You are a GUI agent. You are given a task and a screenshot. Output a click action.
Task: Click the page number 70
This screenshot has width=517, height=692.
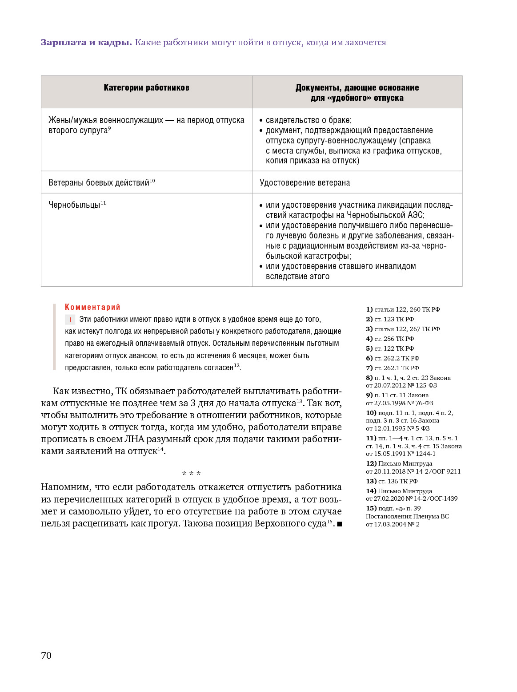point(46,656)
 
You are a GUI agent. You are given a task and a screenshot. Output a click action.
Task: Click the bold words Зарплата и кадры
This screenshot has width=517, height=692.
point(86,43)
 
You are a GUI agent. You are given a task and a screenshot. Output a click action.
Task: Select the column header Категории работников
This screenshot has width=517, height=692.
point(146,87)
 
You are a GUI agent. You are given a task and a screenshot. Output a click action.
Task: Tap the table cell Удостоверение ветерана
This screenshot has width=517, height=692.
point(305,182)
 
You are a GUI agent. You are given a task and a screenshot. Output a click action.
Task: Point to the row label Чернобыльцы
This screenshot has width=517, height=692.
point(74,205)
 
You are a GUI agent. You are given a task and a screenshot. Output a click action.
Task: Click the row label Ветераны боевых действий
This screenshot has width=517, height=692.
point(99,182)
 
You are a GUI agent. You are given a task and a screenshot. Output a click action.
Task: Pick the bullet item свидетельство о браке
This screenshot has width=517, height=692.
point(309,120)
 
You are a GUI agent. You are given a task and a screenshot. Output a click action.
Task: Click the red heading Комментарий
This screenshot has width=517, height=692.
point(92,307)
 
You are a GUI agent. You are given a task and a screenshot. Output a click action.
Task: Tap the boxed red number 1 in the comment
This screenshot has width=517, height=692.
point(70,320)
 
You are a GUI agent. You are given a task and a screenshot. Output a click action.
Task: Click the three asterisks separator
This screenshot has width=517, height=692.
point(192,474)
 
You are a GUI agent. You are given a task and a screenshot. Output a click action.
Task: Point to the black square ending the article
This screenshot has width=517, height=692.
point(340,524)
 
